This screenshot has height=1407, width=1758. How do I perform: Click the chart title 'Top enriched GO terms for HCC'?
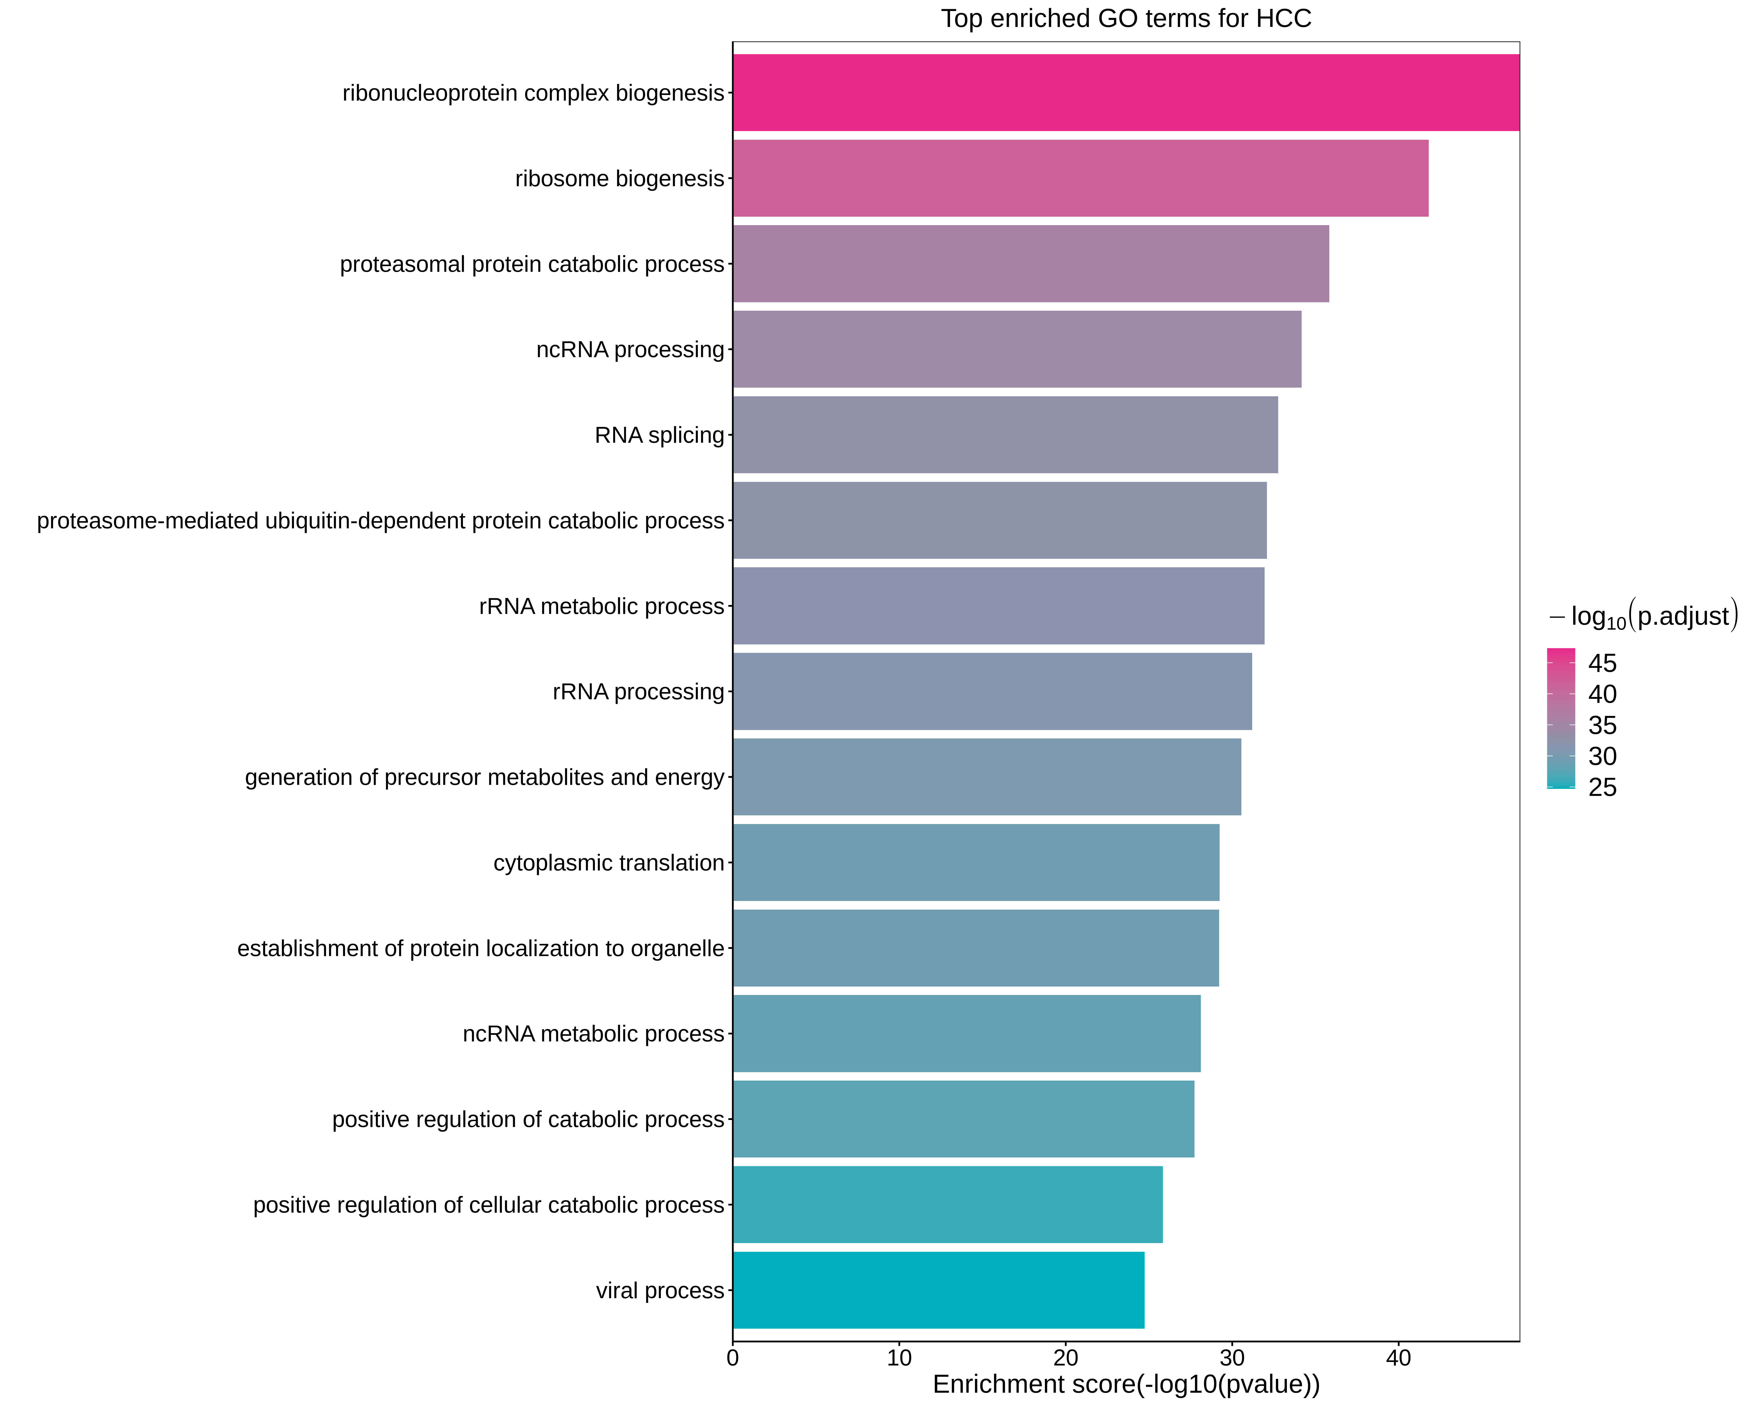(1126, 19)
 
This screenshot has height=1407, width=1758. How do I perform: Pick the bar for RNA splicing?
(1005, 435)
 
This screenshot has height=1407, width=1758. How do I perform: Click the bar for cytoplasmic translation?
(976, 862)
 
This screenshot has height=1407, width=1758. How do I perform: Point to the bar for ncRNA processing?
(1017, 349)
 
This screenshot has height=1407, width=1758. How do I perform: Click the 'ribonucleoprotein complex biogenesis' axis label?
(533, 93)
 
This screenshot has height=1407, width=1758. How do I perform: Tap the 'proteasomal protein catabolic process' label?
(532, 264)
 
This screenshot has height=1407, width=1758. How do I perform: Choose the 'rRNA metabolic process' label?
(602, 606)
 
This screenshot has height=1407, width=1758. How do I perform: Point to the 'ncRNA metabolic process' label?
(594, 1033)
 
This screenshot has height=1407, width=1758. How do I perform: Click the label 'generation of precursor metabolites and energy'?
(484, 777)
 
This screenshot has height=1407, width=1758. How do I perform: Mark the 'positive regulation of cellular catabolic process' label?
(488, 1205)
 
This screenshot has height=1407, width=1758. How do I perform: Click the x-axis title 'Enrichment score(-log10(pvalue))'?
(1126, 1384)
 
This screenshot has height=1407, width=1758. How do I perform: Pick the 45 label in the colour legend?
(1602, 663)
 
